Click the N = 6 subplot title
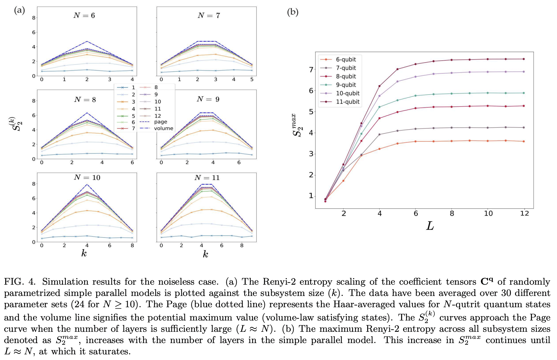[84, 16]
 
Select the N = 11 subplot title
[207, 178]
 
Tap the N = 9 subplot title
[208, 99]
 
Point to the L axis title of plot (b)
[430, 226]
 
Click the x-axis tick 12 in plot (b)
[524, 214]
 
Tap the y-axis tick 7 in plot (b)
[311, 69]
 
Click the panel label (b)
[293, 12]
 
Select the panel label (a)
[19, 10]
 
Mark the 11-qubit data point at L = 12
[524, 59]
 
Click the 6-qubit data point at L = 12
[524, 141]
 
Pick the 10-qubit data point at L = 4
[379, 96]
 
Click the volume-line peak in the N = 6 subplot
[87, 41]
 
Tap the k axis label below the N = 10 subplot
[84, 253]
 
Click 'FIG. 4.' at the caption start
[20, 282]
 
